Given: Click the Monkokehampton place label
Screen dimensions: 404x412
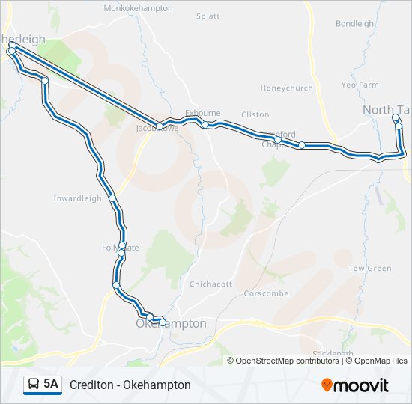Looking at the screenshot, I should coord(138,8).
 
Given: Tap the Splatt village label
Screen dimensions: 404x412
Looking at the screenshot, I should coord(207,16).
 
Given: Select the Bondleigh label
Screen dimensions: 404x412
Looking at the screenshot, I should coord(354,24).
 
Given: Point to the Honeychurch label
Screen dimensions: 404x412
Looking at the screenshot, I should coord(286,88).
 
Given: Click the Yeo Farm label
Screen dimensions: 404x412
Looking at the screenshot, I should coord(360,85).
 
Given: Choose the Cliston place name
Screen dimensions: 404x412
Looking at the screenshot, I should coord(255,114).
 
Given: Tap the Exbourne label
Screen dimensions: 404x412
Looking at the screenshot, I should coord(202,114).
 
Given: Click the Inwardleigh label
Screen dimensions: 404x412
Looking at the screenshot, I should coord(77,198).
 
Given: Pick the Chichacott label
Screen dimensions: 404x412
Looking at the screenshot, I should coord(210,284).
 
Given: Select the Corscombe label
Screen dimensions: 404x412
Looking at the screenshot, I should coord(266,293).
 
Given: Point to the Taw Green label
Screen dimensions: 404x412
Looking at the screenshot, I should coord(370,269).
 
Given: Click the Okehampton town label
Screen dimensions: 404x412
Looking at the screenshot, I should coord(171,324).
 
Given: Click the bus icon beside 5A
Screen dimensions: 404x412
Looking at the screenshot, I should coord(34,385).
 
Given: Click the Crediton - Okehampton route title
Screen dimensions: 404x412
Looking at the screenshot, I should coord(130,385).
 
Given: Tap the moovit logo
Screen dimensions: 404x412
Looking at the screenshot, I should coord(355,385).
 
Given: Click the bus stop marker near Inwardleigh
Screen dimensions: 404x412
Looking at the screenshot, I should coord(112,198).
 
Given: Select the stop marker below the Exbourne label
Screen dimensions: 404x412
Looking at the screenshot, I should coord(205,125).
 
